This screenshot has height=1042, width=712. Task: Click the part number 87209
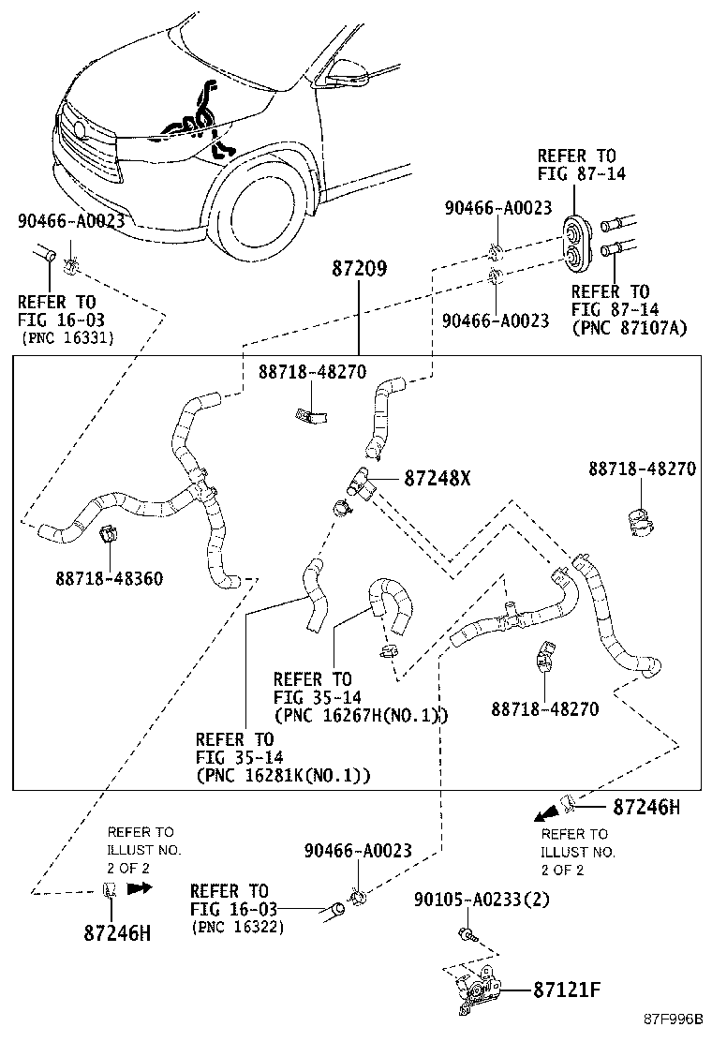coord(359,268)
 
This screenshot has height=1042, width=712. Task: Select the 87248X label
coord(437,478)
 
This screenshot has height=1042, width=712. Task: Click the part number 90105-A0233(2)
coord(482,901)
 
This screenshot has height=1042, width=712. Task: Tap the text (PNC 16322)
coord(238,928)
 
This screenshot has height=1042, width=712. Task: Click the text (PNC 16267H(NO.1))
coord(360,716)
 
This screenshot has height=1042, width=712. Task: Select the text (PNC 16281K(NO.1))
coord(284,775)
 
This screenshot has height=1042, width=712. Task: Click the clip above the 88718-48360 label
coord(108,533)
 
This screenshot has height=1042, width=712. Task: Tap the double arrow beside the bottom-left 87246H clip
coord(140,887)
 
